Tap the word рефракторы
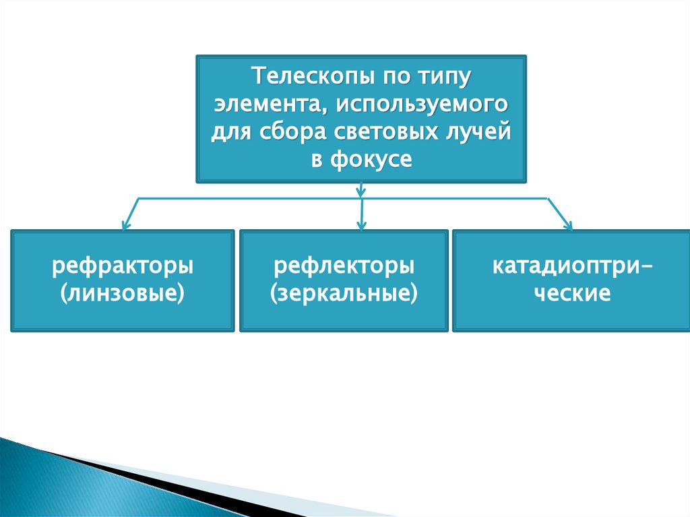(x=123, y=266)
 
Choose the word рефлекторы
(x=344, y=266)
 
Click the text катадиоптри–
(x=572, y=266)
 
